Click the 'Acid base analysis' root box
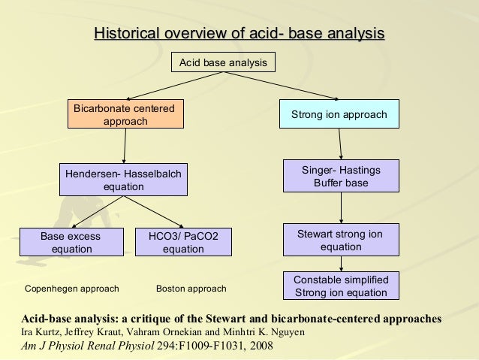[x=223, y=63]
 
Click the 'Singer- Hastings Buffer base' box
[x=341, y=177]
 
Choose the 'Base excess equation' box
[x=71, y=242]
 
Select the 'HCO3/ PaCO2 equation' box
[x=183, y=242]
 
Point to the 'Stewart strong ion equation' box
[x=341, y=241]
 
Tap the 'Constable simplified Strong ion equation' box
[x=341, y=286]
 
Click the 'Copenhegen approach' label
[x=72, y=289]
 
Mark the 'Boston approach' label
[x=191, y=289]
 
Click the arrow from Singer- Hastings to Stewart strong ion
[x=342, y=207]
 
